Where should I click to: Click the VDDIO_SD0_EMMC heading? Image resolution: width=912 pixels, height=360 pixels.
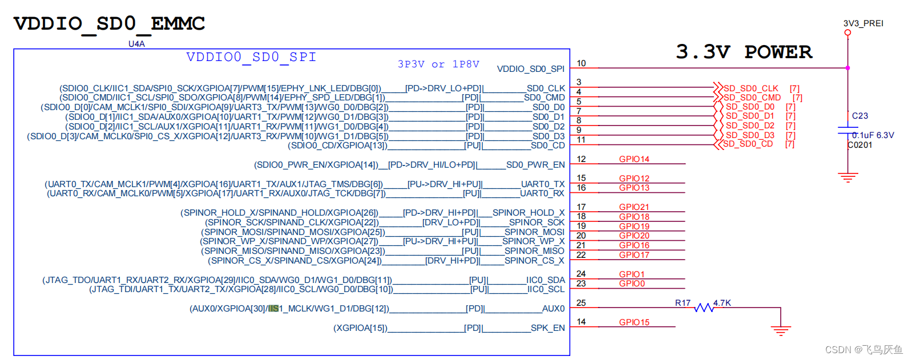pyautogui.click(x=109, y=23)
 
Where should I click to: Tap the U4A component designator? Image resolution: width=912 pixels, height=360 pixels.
pyautogui.click(x=136, y=44)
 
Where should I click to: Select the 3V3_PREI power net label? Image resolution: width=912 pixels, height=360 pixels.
pyautogui.click(x=863, y=23)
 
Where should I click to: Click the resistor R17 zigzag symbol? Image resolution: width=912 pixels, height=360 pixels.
pyautogui.click(x=704, y=308)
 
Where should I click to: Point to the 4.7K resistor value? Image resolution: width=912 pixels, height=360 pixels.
pyautogui.click(x=722, y=303)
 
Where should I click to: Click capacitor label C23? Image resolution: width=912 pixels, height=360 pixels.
pyautogui.click(x=859, y=116)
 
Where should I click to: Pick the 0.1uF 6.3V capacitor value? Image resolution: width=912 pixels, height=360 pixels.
pyautogui.click(x=873, y=135)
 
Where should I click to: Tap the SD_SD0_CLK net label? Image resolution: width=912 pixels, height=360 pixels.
pyautogui.click(x=750, y=88)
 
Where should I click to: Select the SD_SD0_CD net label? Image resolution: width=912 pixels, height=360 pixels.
pyautogui.click(x=748, y=144)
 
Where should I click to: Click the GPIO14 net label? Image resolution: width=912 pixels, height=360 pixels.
pyautogui.click(x=634, y=159)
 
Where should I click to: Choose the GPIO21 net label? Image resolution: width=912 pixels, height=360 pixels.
pyautogui.click(x=634, y=207)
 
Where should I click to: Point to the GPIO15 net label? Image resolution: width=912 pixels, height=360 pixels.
pyautogui.click(x=634, y=322)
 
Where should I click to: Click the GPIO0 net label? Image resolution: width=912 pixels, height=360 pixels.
pyautogui.click(x=632, y=284)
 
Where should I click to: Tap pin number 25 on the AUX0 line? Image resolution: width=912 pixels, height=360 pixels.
pyautogui.click(x=581, y=303)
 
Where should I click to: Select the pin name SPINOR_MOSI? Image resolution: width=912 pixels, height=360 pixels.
pyautogui.click(x=534, y=232)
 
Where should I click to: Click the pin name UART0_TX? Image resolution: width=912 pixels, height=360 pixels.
pyautogui.click(x=543, y=184)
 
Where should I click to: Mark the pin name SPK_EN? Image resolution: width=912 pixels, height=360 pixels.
pyautogui.click(x=547, y=328)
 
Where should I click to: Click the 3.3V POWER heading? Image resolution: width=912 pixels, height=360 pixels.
pyautogui.click(x=744, y=52)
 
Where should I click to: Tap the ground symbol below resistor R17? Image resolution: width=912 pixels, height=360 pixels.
pyautogui.click(x=780, y=330)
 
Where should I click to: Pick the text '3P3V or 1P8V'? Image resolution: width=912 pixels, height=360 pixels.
pyautogui.click(x=438, y=64)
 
